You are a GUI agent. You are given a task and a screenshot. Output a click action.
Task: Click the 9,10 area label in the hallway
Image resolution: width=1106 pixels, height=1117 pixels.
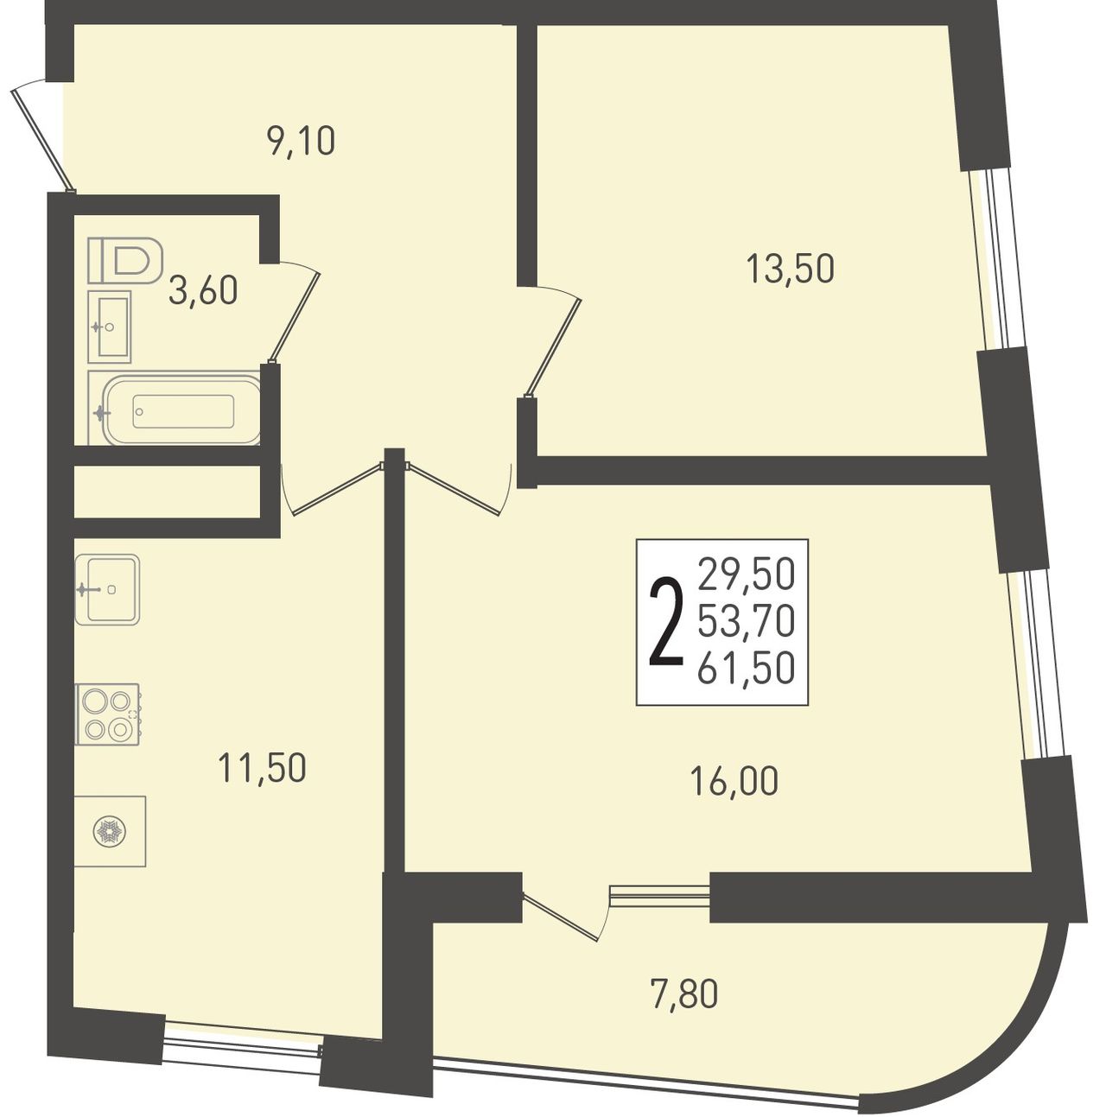point(301,142)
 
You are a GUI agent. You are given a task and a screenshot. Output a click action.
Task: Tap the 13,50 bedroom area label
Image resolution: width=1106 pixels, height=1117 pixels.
point(791,269)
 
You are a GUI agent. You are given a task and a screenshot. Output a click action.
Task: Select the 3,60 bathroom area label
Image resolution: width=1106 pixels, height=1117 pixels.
point(203,290)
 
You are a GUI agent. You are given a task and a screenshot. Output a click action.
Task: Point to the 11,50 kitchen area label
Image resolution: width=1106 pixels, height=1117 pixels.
point(262,768)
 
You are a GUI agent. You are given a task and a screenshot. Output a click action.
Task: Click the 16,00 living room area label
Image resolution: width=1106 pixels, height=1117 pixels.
point(734,781)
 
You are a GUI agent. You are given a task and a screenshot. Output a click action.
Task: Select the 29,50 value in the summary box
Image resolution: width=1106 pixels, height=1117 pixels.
point(746,574)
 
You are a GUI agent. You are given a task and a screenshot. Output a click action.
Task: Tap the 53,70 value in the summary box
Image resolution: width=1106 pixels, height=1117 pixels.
point(746,622)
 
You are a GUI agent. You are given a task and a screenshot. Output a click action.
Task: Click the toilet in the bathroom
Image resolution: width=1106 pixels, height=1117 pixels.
point(124,260)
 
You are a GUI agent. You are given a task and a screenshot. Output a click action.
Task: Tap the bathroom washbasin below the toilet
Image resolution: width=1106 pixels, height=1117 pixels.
point(110,327)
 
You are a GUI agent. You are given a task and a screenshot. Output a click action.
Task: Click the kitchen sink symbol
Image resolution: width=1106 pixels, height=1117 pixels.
point(107,589)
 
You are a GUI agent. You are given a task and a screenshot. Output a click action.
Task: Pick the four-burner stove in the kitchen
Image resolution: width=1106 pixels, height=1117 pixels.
point(108,714)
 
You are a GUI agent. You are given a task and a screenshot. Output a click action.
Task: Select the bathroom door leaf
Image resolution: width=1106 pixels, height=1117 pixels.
point(295,318)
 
